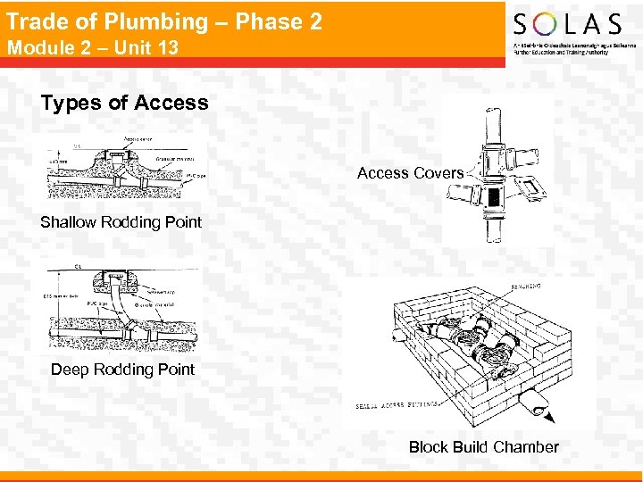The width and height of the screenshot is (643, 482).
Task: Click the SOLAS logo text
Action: pyautogui.click(x=567, y=24)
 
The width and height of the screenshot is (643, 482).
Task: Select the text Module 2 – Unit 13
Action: pyautogui.click(x=92, y=47)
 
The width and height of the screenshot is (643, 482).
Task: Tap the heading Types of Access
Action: pyautogui.click(x=124, y=103)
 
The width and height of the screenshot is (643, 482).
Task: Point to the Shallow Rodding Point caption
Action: pyautogui.click(x=121, y=222)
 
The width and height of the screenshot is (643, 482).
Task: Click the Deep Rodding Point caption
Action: pyautogui.click(x=122, y=370)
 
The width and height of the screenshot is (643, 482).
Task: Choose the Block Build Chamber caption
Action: pyautogui.click(x=483, y=447)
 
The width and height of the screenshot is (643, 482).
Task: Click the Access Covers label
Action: pyautogui.click(x=410, y=173)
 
